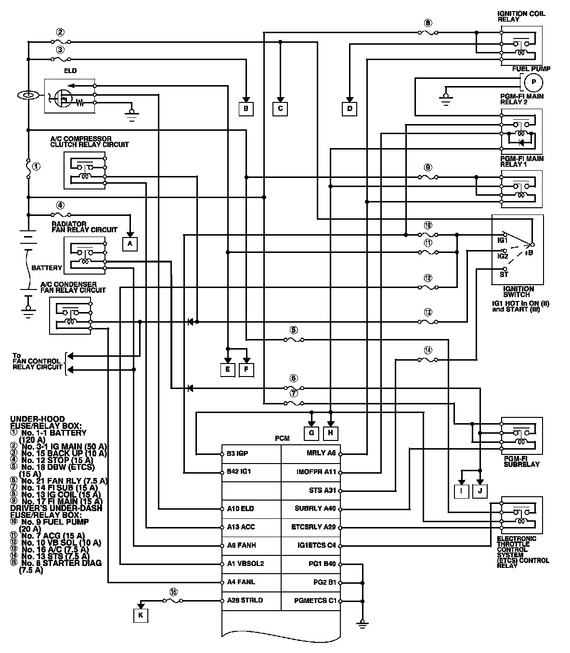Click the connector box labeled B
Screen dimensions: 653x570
point(246,109)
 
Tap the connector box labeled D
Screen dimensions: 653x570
point(350,109)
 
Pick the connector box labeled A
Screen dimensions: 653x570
point(129,244)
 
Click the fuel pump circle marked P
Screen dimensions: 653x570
point(533,83)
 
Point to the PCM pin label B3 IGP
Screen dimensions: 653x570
point(237,453)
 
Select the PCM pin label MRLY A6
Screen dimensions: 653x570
point(321,453)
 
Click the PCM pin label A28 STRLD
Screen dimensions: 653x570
point(241,600)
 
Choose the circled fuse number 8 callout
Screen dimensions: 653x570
point(428,23)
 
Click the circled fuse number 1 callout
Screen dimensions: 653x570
point(36,166)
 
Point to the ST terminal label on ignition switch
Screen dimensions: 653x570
point(504,275)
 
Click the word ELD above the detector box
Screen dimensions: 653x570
point(70,71)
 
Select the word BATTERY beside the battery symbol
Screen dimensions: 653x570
point(47,268)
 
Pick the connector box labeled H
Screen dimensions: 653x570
point(330,433)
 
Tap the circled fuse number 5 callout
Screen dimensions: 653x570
point(294,330)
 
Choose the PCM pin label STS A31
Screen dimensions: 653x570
point(323,490)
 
